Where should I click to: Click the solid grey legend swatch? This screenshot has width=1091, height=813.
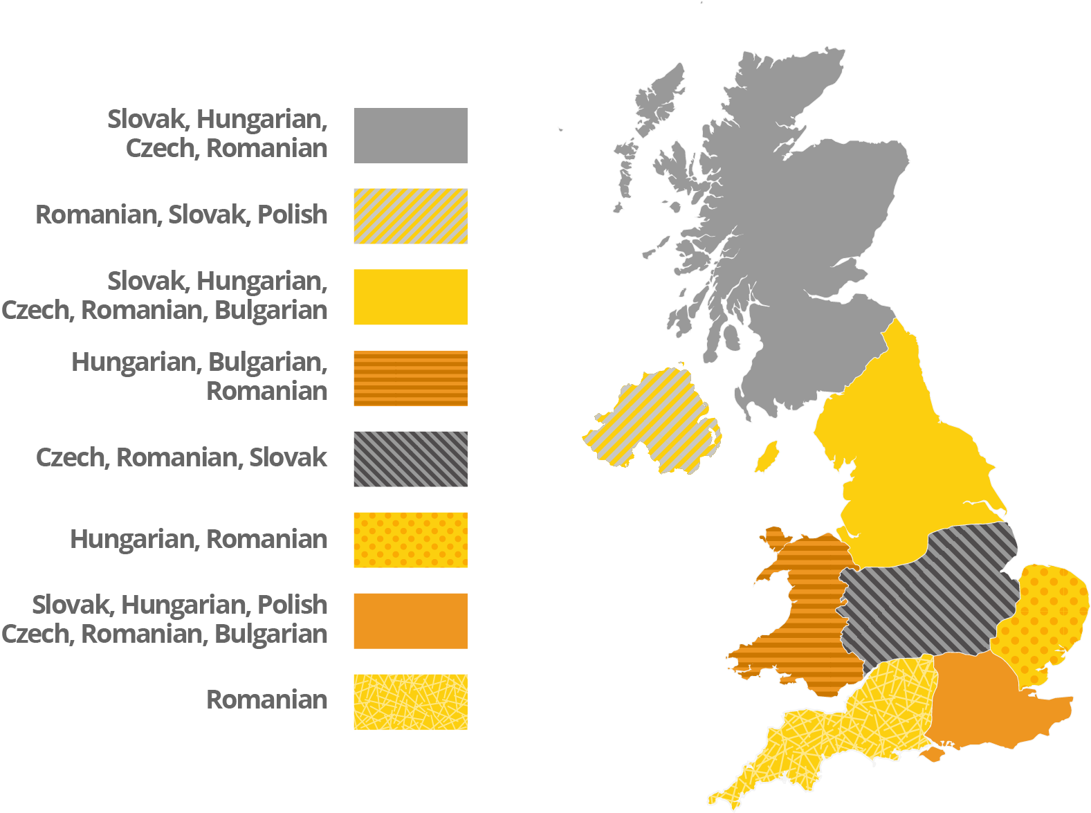(410, 136)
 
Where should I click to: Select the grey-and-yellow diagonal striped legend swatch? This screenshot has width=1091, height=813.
(410, 216)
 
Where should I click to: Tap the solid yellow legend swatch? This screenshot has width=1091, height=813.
(410, 297)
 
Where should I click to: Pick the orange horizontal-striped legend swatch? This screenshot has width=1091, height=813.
(410, 378)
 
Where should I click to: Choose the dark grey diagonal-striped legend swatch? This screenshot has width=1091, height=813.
(410, 459)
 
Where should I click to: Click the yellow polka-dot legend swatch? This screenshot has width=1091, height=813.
(410, 540)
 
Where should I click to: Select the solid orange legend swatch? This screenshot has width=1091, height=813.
(410, 621)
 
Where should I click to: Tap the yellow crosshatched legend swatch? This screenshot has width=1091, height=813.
(410, 702)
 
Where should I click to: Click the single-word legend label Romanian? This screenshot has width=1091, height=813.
(267, 700)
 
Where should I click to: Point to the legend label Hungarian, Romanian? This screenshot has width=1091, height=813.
(199, 539)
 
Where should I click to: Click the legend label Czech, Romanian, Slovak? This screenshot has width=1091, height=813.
(181, 457)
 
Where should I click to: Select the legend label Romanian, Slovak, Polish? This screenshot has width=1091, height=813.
(181, 214)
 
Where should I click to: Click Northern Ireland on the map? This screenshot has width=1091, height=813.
(654, 422)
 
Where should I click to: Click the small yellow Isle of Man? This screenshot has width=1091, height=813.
(766, 457)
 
